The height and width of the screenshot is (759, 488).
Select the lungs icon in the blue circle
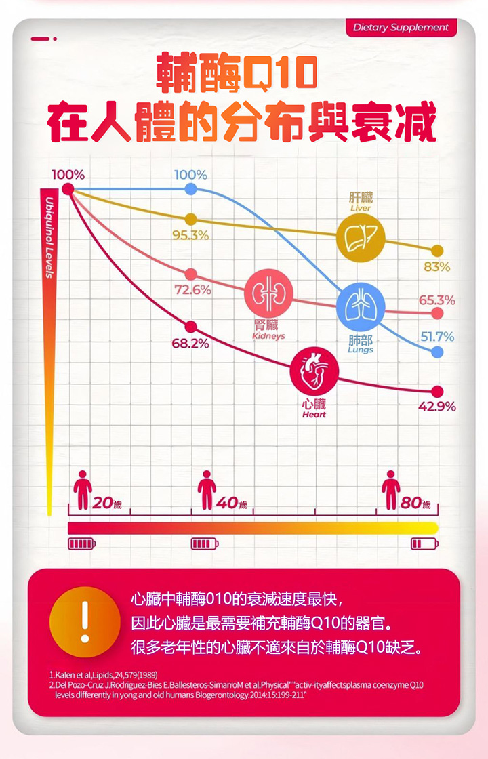pyautogui.click(x=361, y=306)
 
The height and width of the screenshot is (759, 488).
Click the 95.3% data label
pyautogui.click(x=190, y=235)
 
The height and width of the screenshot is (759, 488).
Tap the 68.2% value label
pyautogui.click(x=190, y=344)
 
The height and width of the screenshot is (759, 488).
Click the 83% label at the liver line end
pyautogui.click(x=437, y=267)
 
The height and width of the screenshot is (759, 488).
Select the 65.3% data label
pyautogui.click(x=437, y=300)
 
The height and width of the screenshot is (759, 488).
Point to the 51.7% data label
pyautogui.click(x=437, y=337)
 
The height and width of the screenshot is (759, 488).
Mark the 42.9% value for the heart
pyautogui.click(x=437, y=407)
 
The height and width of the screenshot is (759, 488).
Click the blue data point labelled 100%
pyautogui.click(x=191, y=189)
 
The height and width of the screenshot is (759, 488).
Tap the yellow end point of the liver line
pyautogui.click(x=437, y=251)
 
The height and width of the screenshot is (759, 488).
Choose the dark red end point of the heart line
pyautogui.click(x=437, y=391)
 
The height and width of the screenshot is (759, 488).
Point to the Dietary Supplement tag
pyautogui.click(x=401, y=28)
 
